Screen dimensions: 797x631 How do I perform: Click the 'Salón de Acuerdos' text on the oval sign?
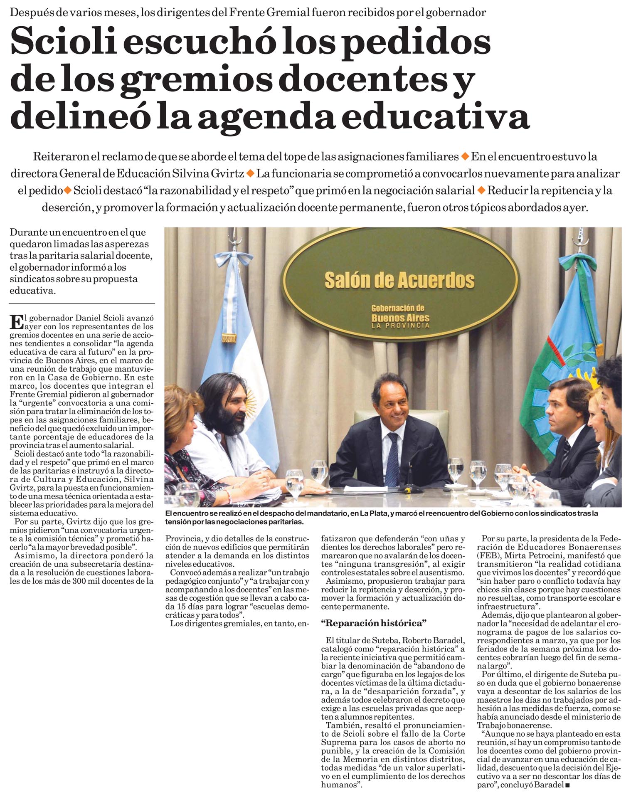coord(399,280)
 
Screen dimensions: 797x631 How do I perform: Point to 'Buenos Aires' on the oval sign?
coord(400,318)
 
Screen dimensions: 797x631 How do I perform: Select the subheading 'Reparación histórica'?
coord(374,623)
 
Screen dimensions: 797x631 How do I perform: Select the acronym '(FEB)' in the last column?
coord(488,556)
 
